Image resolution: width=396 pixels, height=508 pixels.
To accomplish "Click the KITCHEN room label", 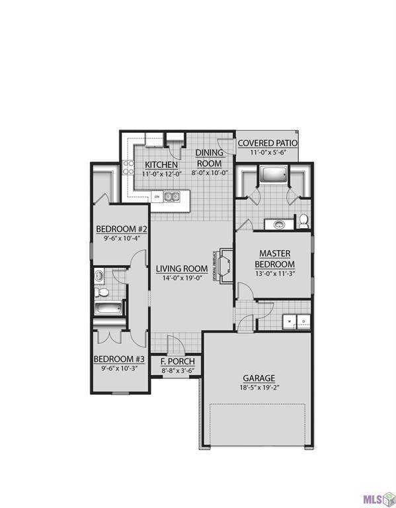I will pos(161,164).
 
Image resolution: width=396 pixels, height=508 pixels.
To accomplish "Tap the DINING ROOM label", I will pos(210,159).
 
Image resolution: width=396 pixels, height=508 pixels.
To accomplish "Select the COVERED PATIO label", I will pos(267,143).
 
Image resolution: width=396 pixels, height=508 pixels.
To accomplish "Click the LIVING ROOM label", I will pos(182,269).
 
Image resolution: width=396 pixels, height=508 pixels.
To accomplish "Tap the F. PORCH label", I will pos(178,362).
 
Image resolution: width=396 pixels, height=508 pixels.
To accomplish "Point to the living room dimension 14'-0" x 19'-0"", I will pos(182,278).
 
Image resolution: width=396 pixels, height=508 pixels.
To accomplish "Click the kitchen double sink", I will pos(173,196).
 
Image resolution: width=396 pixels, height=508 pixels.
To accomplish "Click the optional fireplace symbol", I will pos(224,266).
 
